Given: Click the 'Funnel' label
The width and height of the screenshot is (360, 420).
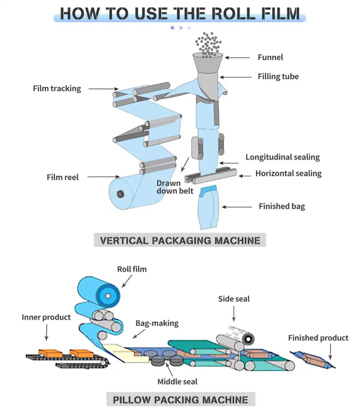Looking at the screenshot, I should point(270,57).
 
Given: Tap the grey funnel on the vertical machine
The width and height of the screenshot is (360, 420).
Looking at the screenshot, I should point(207,61).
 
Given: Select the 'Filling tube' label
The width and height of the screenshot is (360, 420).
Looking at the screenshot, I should point(278,76).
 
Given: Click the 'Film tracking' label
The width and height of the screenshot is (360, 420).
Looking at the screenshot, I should point(57,88).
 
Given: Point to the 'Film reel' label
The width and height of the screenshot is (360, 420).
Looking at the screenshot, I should point(62,177).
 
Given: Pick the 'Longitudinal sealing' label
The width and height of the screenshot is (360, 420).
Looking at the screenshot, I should point(283,157).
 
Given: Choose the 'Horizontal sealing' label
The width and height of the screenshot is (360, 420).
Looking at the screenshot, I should point(288,173).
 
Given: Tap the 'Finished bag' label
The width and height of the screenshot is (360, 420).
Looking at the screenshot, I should point(282,206).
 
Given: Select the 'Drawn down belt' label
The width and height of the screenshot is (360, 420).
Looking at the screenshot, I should point(174,187).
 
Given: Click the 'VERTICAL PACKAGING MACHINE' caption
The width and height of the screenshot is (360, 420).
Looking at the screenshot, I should point(180,240).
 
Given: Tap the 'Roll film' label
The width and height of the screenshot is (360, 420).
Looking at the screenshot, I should point(132,269).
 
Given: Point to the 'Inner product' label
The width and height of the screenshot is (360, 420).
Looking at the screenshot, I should point(46,317).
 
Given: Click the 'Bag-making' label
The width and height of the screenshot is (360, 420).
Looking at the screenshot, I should point(157,323).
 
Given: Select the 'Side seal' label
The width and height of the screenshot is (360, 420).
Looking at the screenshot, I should point(234,299).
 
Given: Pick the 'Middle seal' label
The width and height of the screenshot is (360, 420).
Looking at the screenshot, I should point(177,381).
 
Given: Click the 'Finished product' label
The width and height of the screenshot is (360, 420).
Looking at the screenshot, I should point(318,338).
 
